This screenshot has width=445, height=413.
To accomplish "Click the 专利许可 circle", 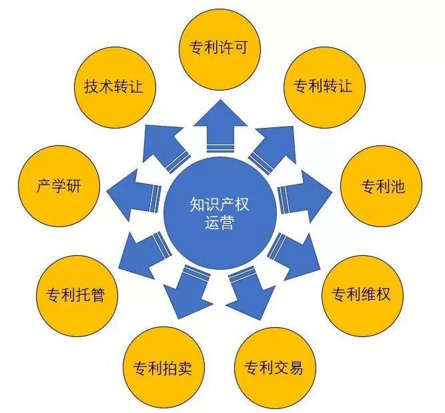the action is pyautogui.click(x=219, y=50).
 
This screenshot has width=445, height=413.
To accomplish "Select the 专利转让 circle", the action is pyautogui.click(x=324, y=87).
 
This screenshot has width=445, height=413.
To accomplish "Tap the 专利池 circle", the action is pyautogui.click(x=381, y=186).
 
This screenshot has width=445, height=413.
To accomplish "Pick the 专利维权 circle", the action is pyautogui.click(x=362, y=296).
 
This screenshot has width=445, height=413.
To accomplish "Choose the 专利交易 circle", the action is pyautogui.click(x=275, y=368).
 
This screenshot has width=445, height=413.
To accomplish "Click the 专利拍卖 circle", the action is pyautogui.click(x=163, y=368).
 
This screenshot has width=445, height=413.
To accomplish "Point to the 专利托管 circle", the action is pyautogui.click(x=77, y=296).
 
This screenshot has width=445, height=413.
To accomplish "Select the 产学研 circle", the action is pyautogui.click(x=59, y=186).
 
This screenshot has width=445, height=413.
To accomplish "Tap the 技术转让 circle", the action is pyautogui.click(x=115, y=87).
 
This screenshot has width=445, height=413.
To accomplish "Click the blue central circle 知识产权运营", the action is pyautogui.click(x=220, y=213).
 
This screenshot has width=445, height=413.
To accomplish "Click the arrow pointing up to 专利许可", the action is pyautogui.click(x=220, y=126).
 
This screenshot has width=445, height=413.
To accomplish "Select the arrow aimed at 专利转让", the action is pyautogui.click(x=273, y=149).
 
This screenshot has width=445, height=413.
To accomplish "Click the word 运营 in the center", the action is pyautogui.click(x=219, y=223).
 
